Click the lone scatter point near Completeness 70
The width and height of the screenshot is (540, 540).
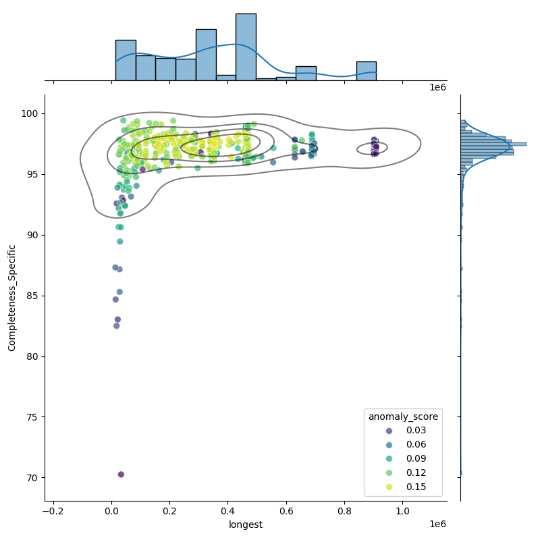point(121,475)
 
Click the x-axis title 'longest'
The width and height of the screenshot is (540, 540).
point(246,524)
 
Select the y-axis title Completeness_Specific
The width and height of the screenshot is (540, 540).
point(12,298)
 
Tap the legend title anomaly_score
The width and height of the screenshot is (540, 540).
point(403,417)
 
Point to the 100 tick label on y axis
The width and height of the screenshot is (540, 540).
point(31,113)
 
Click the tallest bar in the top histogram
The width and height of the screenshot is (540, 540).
point(246,47)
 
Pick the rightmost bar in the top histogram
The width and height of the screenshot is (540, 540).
point(366,71)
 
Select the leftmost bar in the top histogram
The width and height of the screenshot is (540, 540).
point(126,60)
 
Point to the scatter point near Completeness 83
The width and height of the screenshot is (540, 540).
point(117,319)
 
